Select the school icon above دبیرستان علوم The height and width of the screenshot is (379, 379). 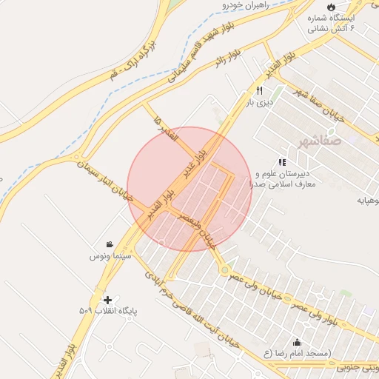click(281, 161)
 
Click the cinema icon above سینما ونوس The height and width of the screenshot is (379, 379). click(110, 245)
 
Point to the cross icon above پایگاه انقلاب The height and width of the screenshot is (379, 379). click(108, 300)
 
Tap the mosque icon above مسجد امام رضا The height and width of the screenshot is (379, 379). click(297, 342)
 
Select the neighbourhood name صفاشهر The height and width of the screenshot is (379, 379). click(321, 139)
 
